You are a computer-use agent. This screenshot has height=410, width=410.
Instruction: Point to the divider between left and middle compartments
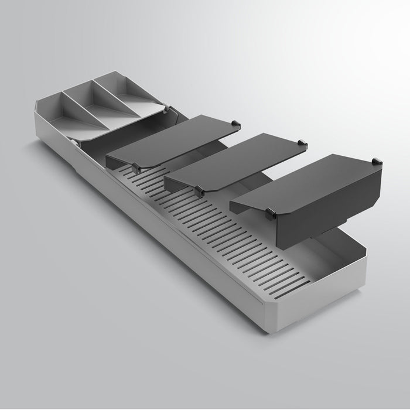coord(82,105)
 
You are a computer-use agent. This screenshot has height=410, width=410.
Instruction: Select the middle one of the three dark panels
coord(234,161)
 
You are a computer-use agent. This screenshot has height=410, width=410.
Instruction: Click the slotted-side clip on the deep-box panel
coord(271,214)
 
